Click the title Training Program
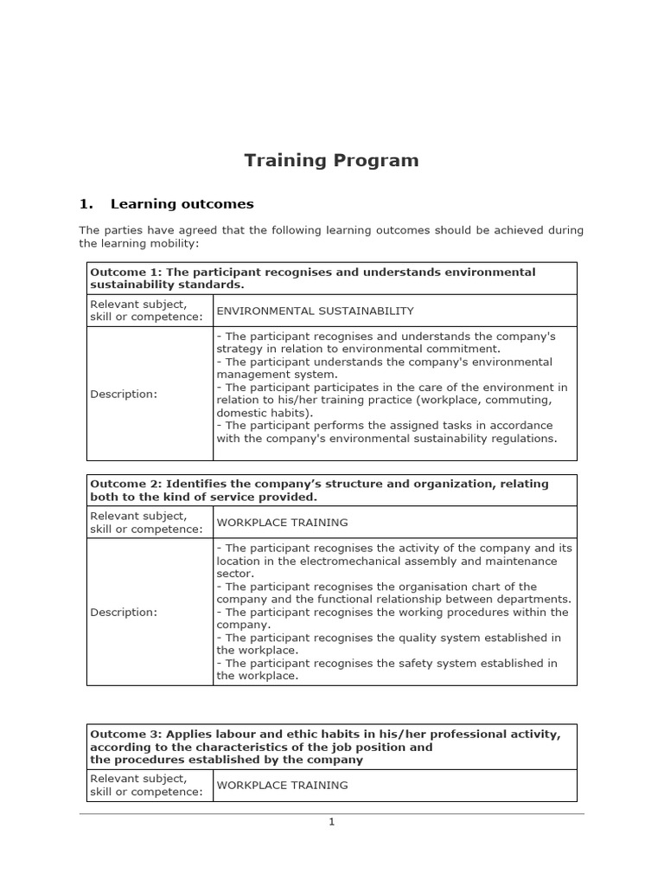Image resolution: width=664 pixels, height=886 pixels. [x=331, y=160]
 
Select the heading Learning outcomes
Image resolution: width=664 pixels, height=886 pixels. [x=182, y=204]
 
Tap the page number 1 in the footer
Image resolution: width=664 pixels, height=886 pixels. [x=331, y=822]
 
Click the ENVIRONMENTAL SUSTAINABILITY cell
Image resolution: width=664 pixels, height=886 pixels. [x=315, y=311]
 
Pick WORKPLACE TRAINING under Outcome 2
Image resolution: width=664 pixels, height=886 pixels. [x=282, y=523]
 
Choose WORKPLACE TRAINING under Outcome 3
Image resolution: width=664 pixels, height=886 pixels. [x=282, y=786]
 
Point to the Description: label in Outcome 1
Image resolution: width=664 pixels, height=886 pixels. [x=124, y=394]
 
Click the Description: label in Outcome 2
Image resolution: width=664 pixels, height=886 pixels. [x=124, y=612]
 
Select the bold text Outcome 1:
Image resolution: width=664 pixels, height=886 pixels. [x=125, y=273]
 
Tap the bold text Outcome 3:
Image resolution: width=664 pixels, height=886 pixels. [x=125, y=735]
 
